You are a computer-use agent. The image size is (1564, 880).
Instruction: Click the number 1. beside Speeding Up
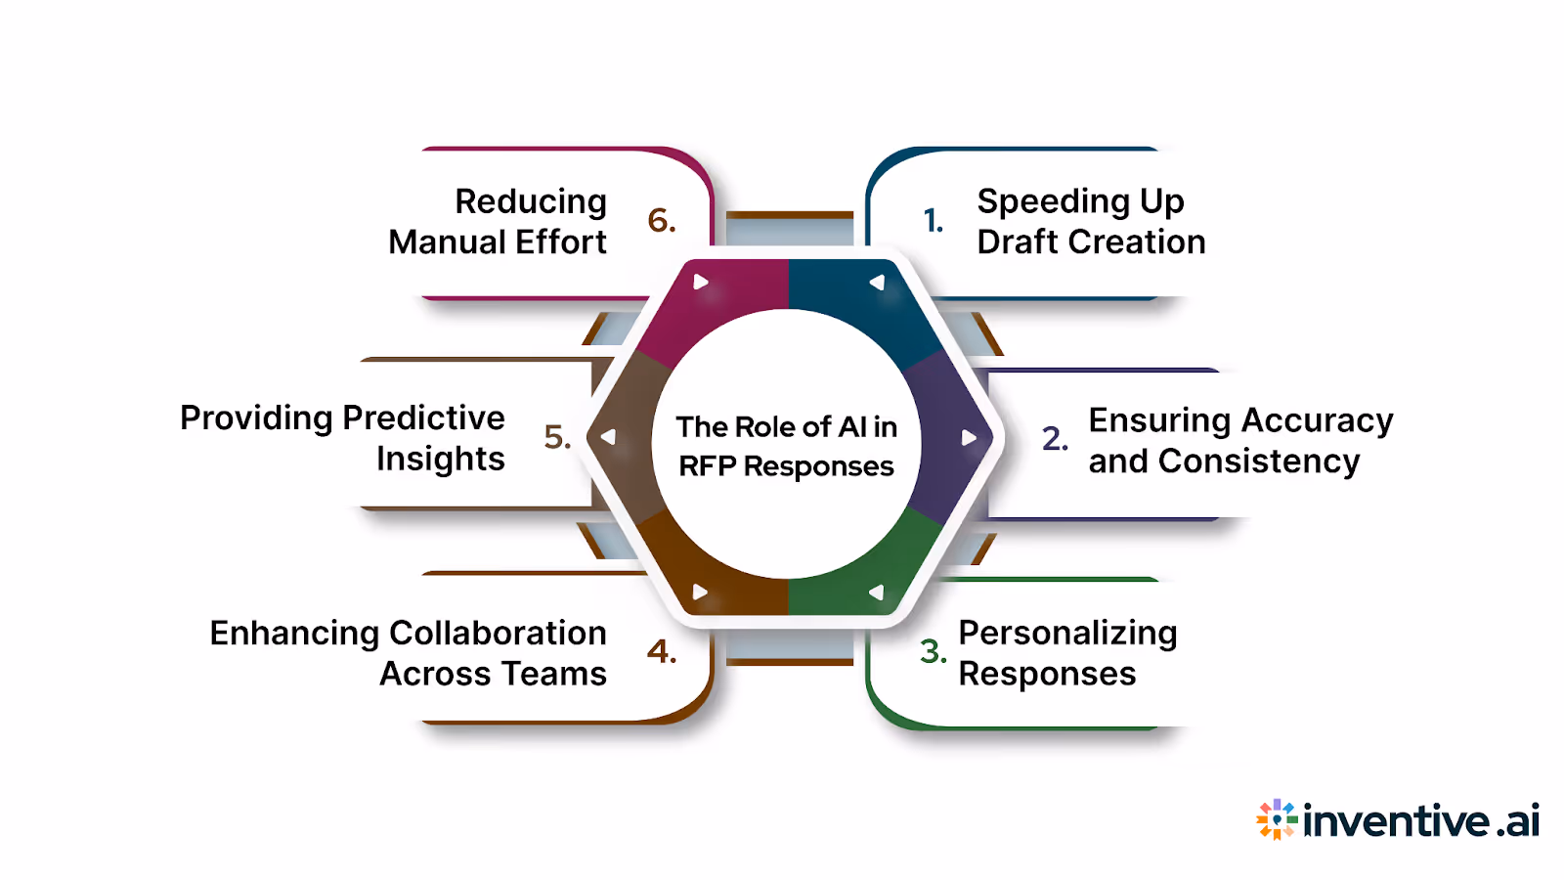pos(934,221)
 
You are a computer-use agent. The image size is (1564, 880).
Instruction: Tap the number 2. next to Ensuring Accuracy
pos(1055,438)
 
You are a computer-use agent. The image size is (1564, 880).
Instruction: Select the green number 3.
pos(934,651)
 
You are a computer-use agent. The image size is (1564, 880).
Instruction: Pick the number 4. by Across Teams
pos(662,651)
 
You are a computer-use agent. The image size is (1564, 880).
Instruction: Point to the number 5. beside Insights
pos(557,436)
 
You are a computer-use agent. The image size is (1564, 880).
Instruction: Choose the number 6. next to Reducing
pos(662,221)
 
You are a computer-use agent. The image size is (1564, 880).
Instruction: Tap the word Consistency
pos(1259,461)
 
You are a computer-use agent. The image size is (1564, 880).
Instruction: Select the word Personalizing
pos(1067,634)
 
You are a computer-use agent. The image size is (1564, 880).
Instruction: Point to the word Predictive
pos(423,418)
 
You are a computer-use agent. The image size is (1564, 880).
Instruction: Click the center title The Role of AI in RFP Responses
pos(787,446)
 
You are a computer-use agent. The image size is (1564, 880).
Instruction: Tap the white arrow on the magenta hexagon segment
pos(700,282)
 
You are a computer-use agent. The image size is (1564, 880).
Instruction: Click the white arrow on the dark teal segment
pos(877,283)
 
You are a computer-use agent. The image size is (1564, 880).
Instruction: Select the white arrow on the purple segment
pos(968,437)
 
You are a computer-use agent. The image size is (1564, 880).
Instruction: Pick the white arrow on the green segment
pos(877,592)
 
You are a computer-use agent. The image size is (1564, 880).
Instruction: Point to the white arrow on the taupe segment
pos(608,437)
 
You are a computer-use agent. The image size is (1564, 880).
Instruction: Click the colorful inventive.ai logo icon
pos(1276,819)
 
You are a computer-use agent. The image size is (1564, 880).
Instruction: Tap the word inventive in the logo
pos(1397,821)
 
